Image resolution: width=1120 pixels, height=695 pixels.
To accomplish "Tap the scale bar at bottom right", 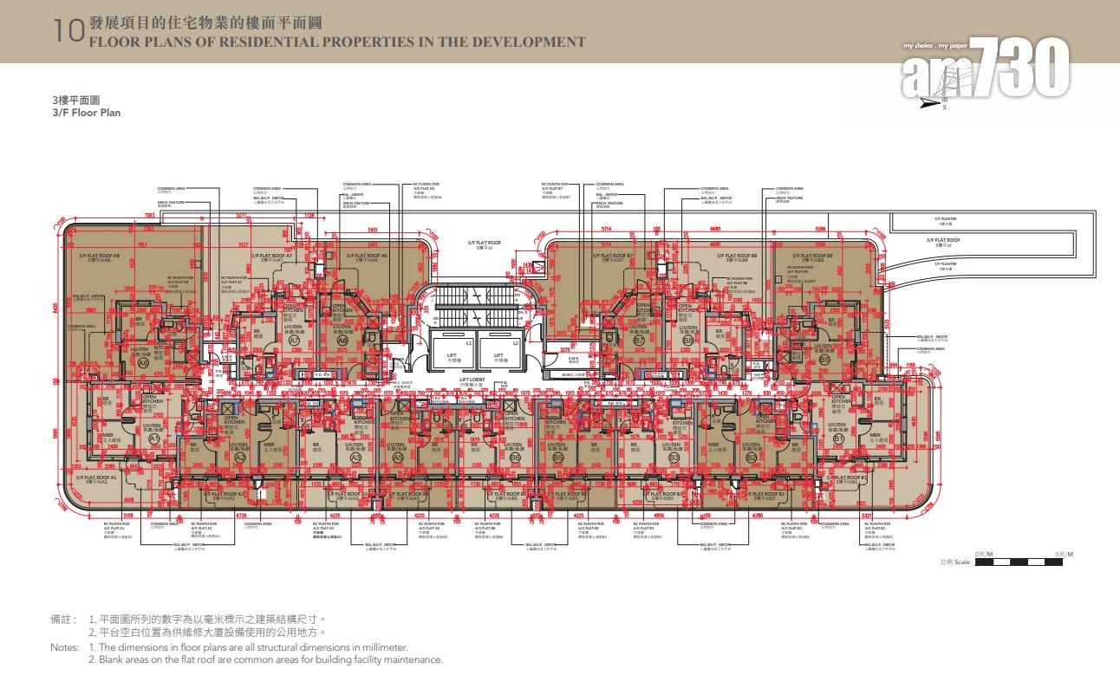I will point(1019,562).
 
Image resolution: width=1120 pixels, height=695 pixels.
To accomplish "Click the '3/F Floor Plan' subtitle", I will point(86,113).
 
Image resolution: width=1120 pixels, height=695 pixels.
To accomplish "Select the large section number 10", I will point(68,32).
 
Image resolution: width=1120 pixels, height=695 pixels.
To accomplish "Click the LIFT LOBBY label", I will point(473,380).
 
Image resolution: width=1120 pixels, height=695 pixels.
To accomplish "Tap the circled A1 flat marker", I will point(155,439).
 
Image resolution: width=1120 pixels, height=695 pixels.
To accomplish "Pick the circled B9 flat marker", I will point(824,359).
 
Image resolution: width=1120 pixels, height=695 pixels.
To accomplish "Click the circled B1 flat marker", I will point(838,439).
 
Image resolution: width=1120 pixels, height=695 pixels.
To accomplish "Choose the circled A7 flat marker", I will point(295,341).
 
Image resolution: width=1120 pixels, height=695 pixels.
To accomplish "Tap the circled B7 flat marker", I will point(639,341).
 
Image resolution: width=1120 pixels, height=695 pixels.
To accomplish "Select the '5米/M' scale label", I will point(1064,554).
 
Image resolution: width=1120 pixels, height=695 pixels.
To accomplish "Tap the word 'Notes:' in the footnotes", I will point(64,647).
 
